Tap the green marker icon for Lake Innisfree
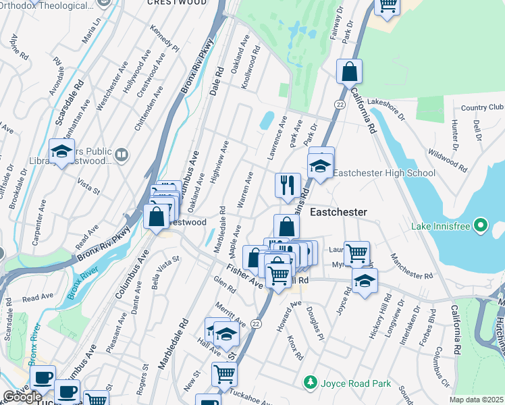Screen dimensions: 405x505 480,225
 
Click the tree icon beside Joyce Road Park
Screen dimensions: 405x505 310,383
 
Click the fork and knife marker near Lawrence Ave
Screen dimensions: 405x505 288,185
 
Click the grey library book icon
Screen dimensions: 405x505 122,156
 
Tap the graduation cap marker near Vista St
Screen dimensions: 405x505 62,152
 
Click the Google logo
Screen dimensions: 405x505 22,397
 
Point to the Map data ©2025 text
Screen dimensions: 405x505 476,400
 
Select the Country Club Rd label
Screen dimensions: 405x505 482,108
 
